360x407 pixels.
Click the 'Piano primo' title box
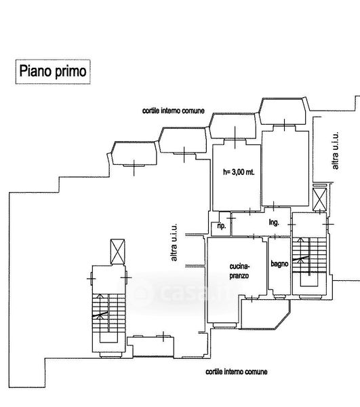coord(53,72)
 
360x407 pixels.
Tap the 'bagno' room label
coord(279,264)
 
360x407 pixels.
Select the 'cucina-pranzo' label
coord(239,271)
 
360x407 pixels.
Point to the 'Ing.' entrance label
coord(274,222)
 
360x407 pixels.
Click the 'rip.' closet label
coord(221,226)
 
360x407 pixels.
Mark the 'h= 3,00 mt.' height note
coord(239,172)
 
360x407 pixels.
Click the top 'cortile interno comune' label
coord(174,111)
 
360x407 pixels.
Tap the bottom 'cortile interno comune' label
coord(237,372)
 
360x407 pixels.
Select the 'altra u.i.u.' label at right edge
coord(335,151)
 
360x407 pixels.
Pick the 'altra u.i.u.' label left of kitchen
coord(174,242)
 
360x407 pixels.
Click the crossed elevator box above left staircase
coord(117,252)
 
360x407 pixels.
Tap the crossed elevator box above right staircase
coord(319,199)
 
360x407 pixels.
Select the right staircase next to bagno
coord(309,255)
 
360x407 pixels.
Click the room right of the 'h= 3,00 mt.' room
coord(285,168)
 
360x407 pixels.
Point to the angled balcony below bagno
coord(266,314)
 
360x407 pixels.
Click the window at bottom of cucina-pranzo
coord(224,325)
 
